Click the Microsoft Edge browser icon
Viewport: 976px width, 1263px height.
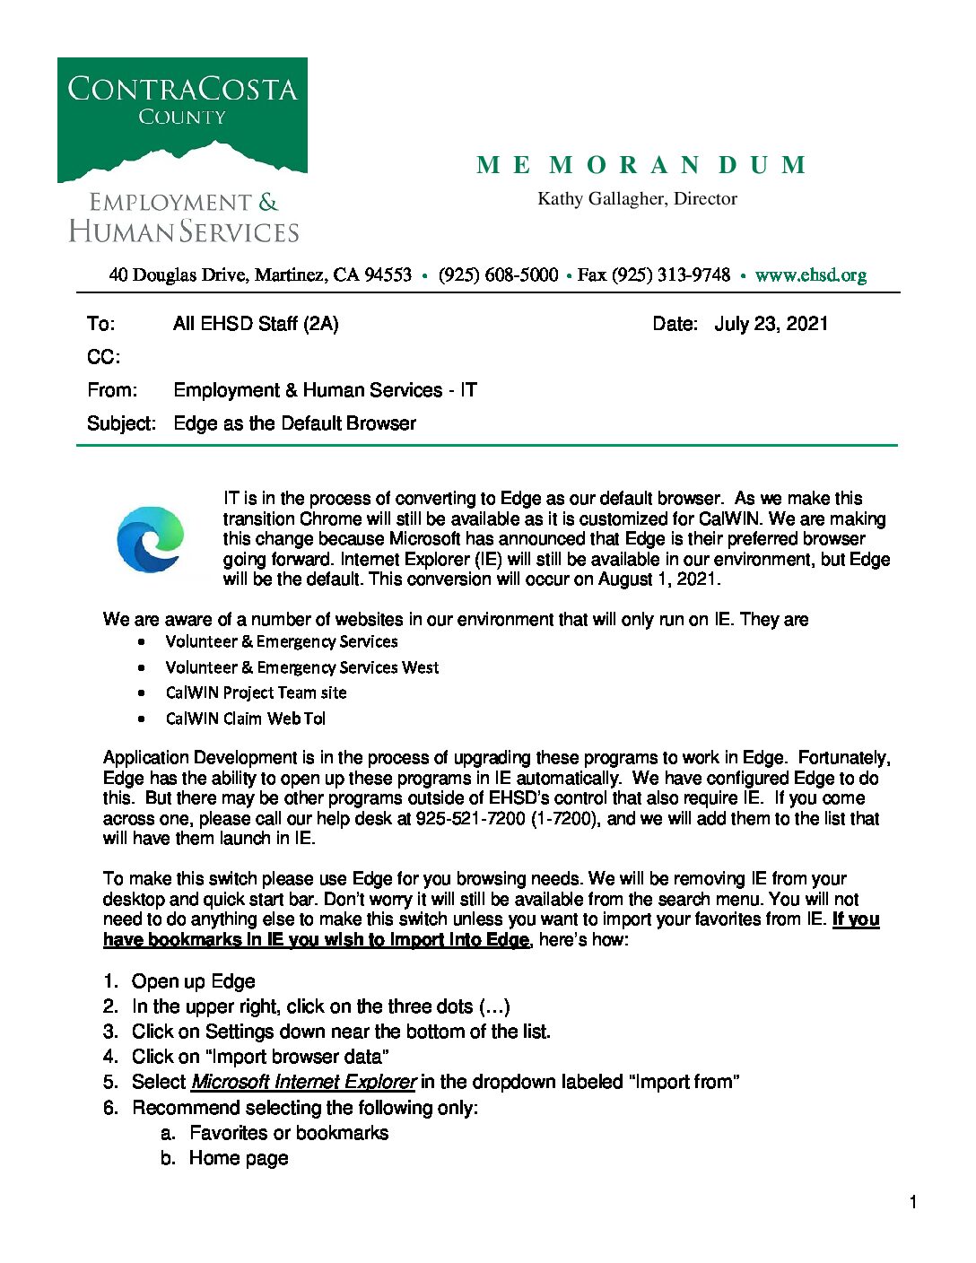151,539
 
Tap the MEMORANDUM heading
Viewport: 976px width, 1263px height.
641,165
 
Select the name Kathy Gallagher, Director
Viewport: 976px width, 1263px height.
637,199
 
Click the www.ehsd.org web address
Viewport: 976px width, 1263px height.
810,275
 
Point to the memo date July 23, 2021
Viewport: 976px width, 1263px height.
771,324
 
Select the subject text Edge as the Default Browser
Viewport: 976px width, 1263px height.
294,423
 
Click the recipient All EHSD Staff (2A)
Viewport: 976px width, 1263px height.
256,324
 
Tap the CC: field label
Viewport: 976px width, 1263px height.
103,357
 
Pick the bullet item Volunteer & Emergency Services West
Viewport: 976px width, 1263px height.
302,667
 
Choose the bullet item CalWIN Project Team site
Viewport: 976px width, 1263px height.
256,692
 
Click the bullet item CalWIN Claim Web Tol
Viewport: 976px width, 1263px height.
245,719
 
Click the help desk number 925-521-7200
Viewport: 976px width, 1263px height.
470,819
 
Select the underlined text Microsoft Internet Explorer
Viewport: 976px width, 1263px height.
303,1082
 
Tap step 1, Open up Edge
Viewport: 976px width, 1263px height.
193,981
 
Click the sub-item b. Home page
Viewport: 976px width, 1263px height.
238,1158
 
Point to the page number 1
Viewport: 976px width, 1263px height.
913,1202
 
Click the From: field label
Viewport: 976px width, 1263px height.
112,390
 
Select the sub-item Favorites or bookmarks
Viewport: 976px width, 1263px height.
289,1133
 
